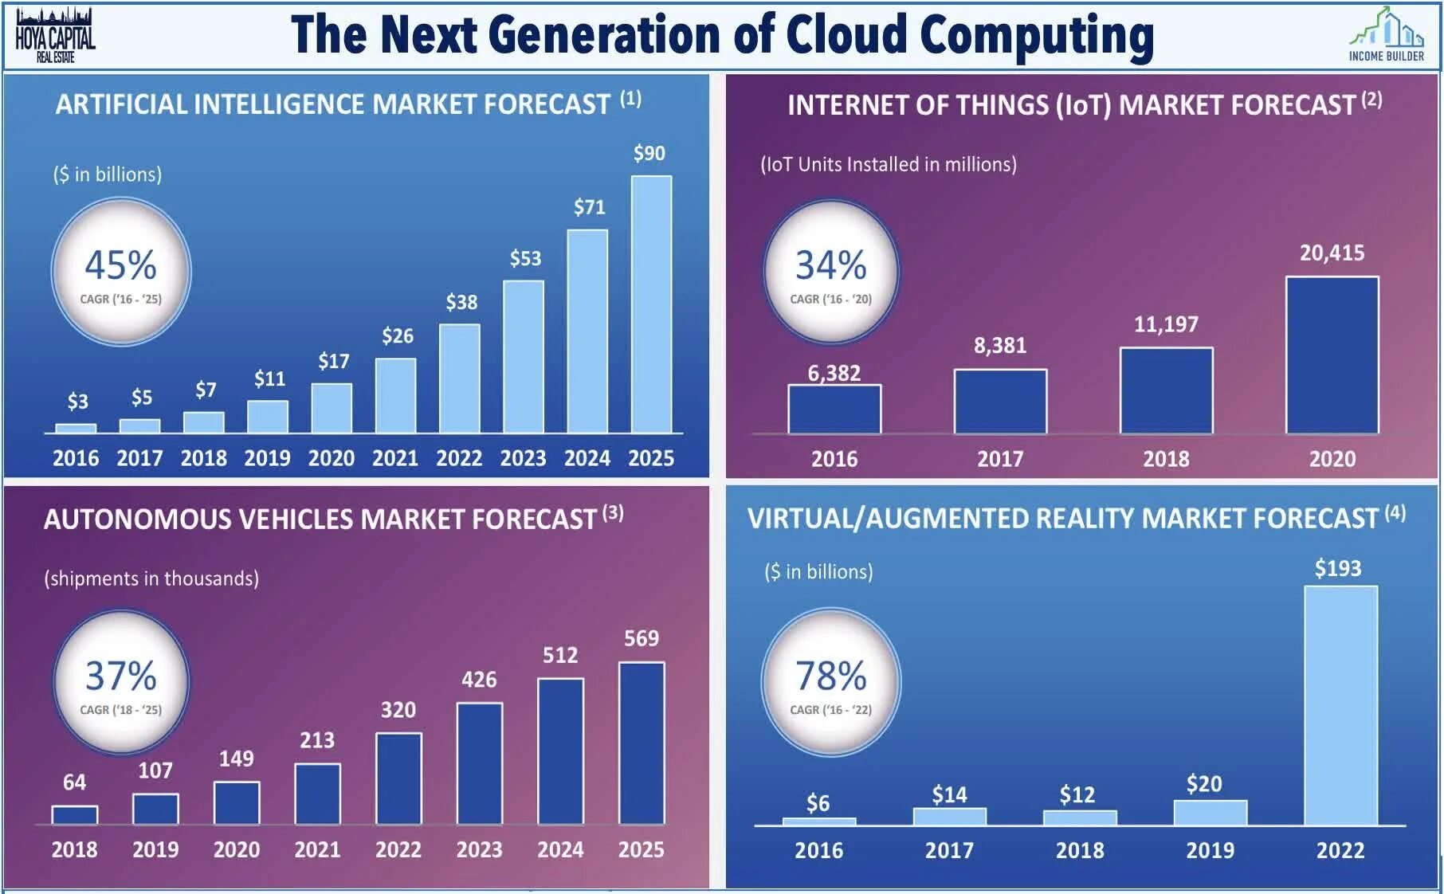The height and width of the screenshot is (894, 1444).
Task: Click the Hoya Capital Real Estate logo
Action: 55,36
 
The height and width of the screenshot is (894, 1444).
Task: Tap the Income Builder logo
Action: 1386,36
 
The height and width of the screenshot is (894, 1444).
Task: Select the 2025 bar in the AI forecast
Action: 651,304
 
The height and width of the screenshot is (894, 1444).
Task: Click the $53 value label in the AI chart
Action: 525,259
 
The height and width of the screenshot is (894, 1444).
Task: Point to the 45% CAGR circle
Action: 121,272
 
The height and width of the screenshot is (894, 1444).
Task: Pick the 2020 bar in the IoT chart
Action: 1332,355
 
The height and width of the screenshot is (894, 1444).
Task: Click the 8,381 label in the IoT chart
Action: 1000,346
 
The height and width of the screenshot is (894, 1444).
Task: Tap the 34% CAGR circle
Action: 831,272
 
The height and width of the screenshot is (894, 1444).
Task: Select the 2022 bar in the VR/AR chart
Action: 1340,706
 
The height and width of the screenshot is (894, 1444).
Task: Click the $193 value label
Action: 1338,569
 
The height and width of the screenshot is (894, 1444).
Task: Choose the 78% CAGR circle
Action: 831,682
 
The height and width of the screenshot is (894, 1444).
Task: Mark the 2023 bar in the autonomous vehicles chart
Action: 480,763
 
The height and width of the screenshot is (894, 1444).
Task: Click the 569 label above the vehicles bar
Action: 642,639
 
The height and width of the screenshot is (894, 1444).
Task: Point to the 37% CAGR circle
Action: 121,682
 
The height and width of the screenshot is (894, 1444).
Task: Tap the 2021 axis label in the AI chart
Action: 395,458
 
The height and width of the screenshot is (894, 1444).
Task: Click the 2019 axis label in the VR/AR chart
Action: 1210,850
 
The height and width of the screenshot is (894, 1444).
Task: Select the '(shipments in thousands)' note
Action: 151,578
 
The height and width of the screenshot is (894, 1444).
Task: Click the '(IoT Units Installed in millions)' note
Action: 889,165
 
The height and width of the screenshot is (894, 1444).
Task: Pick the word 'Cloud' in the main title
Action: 846,35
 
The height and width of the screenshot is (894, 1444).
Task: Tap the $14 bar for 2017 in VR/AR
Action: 949,817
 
